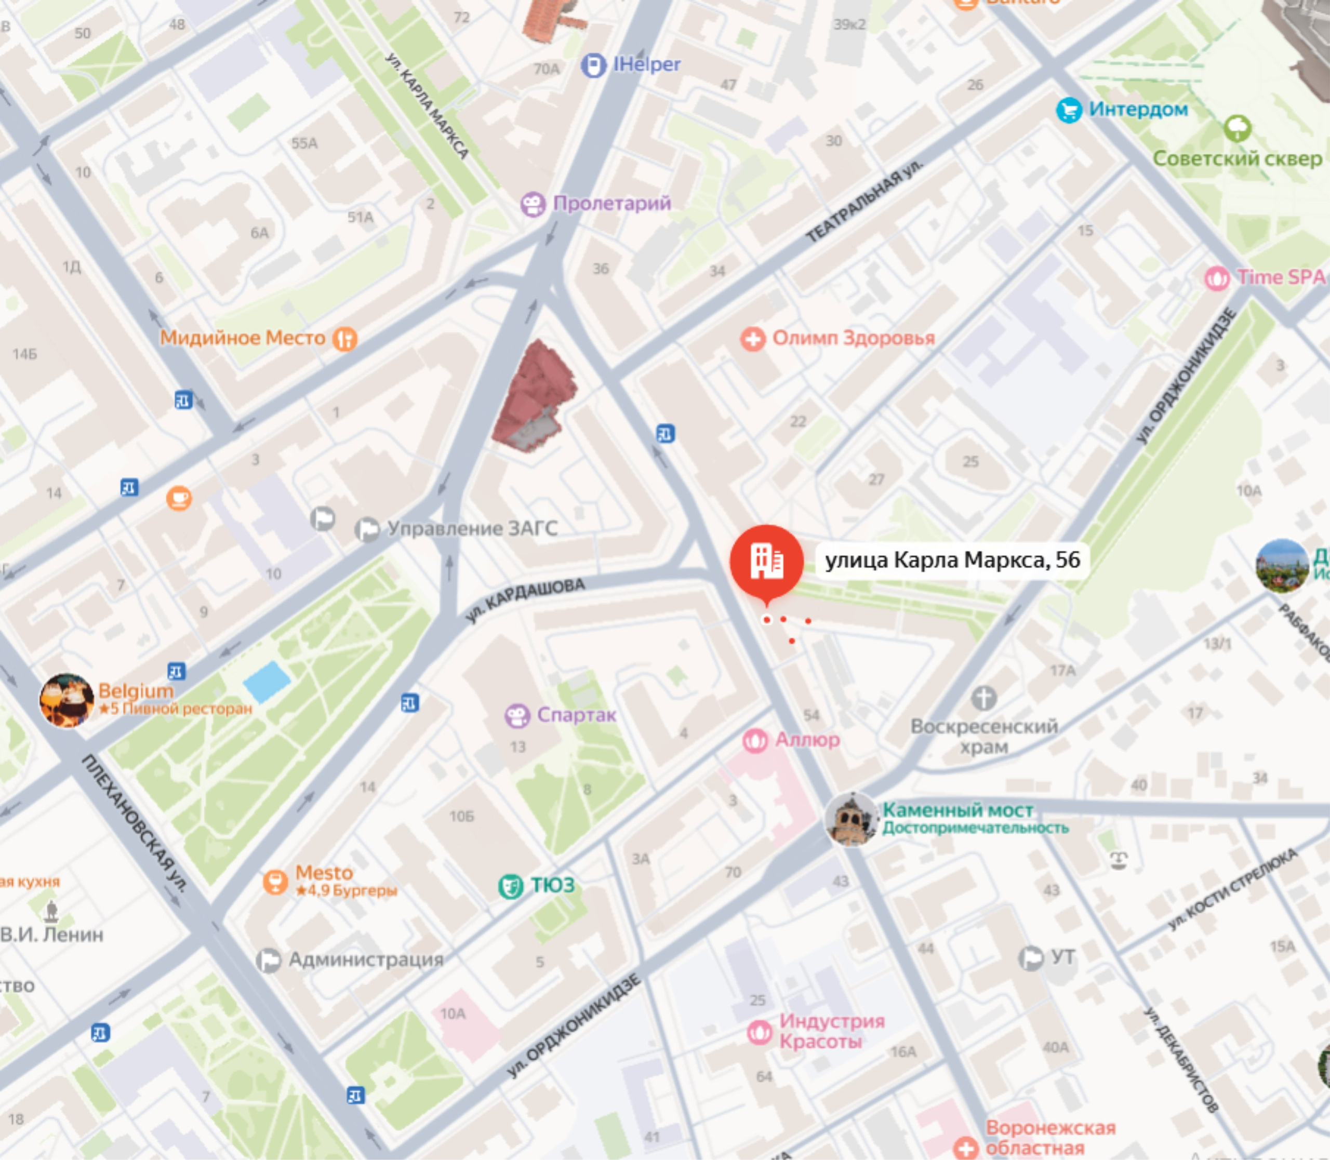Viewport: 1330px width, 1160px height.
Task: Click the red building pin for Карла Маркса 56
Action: coord(767,561)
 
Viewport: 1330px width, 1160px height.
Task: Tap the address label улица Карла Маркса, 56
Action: coord(952,560)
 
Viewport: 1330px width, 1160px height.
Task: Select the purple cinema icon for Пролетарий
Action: coord(533,205)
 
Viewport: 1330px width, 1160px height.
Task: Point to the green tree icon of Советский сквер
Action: coord(1237,128)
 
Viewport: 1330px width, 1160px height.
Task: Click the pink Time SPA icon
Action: coord(1217,278)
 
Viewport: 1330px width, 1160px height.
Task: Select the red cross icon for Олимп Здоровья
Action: coord(752,339)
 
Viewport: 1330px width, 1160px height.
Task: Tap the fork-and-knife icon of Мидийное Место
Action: coord(344,339)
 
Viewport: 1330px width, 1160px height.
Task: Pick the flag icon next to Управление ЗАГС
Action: coord(367,529)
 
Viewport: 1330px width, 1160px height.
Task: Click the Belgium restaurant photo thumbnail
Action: coord(66,700)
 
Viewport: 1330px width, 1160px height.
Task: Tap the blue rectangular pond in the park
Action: coord(267,682)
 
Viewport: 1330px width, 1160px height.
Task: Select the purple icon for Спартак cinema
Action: coord(517,716)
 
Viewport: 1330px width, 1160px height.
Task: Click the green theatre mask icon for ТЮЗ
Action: coord(510,886)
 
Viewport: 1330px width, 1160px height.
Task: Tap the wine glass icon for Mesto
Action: coord(275,882)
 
